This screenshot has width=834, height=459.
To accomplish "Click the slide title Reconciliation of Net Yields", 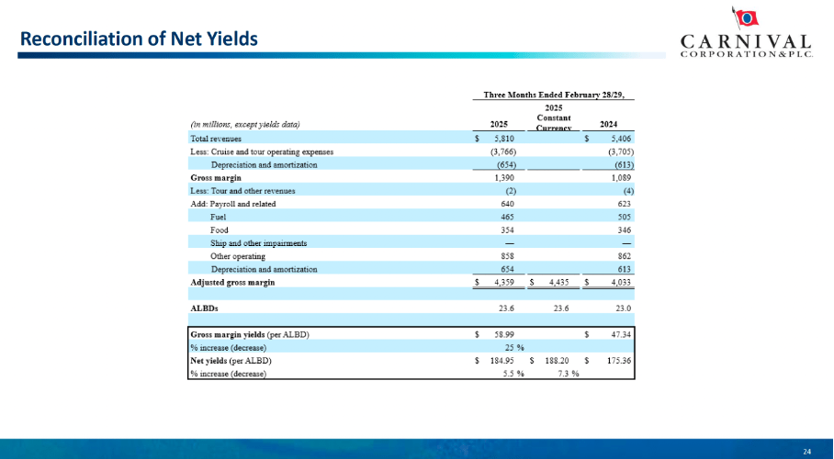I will pyautogui.click(x=139, y=39).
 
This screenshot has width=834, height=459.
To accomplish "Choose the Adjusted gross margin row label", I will pyautogui.click(x=232, y=282).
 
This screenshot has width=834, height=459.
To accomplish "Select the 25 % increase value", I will pyautogui.click(x=513, y=348).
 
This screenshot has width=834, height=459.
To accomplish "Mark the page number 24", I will pyautogui.click(x=807, y=451).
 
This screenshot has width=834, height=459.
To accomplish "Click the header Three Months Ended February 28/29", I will pyautogui.click(x=559, y=95).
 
